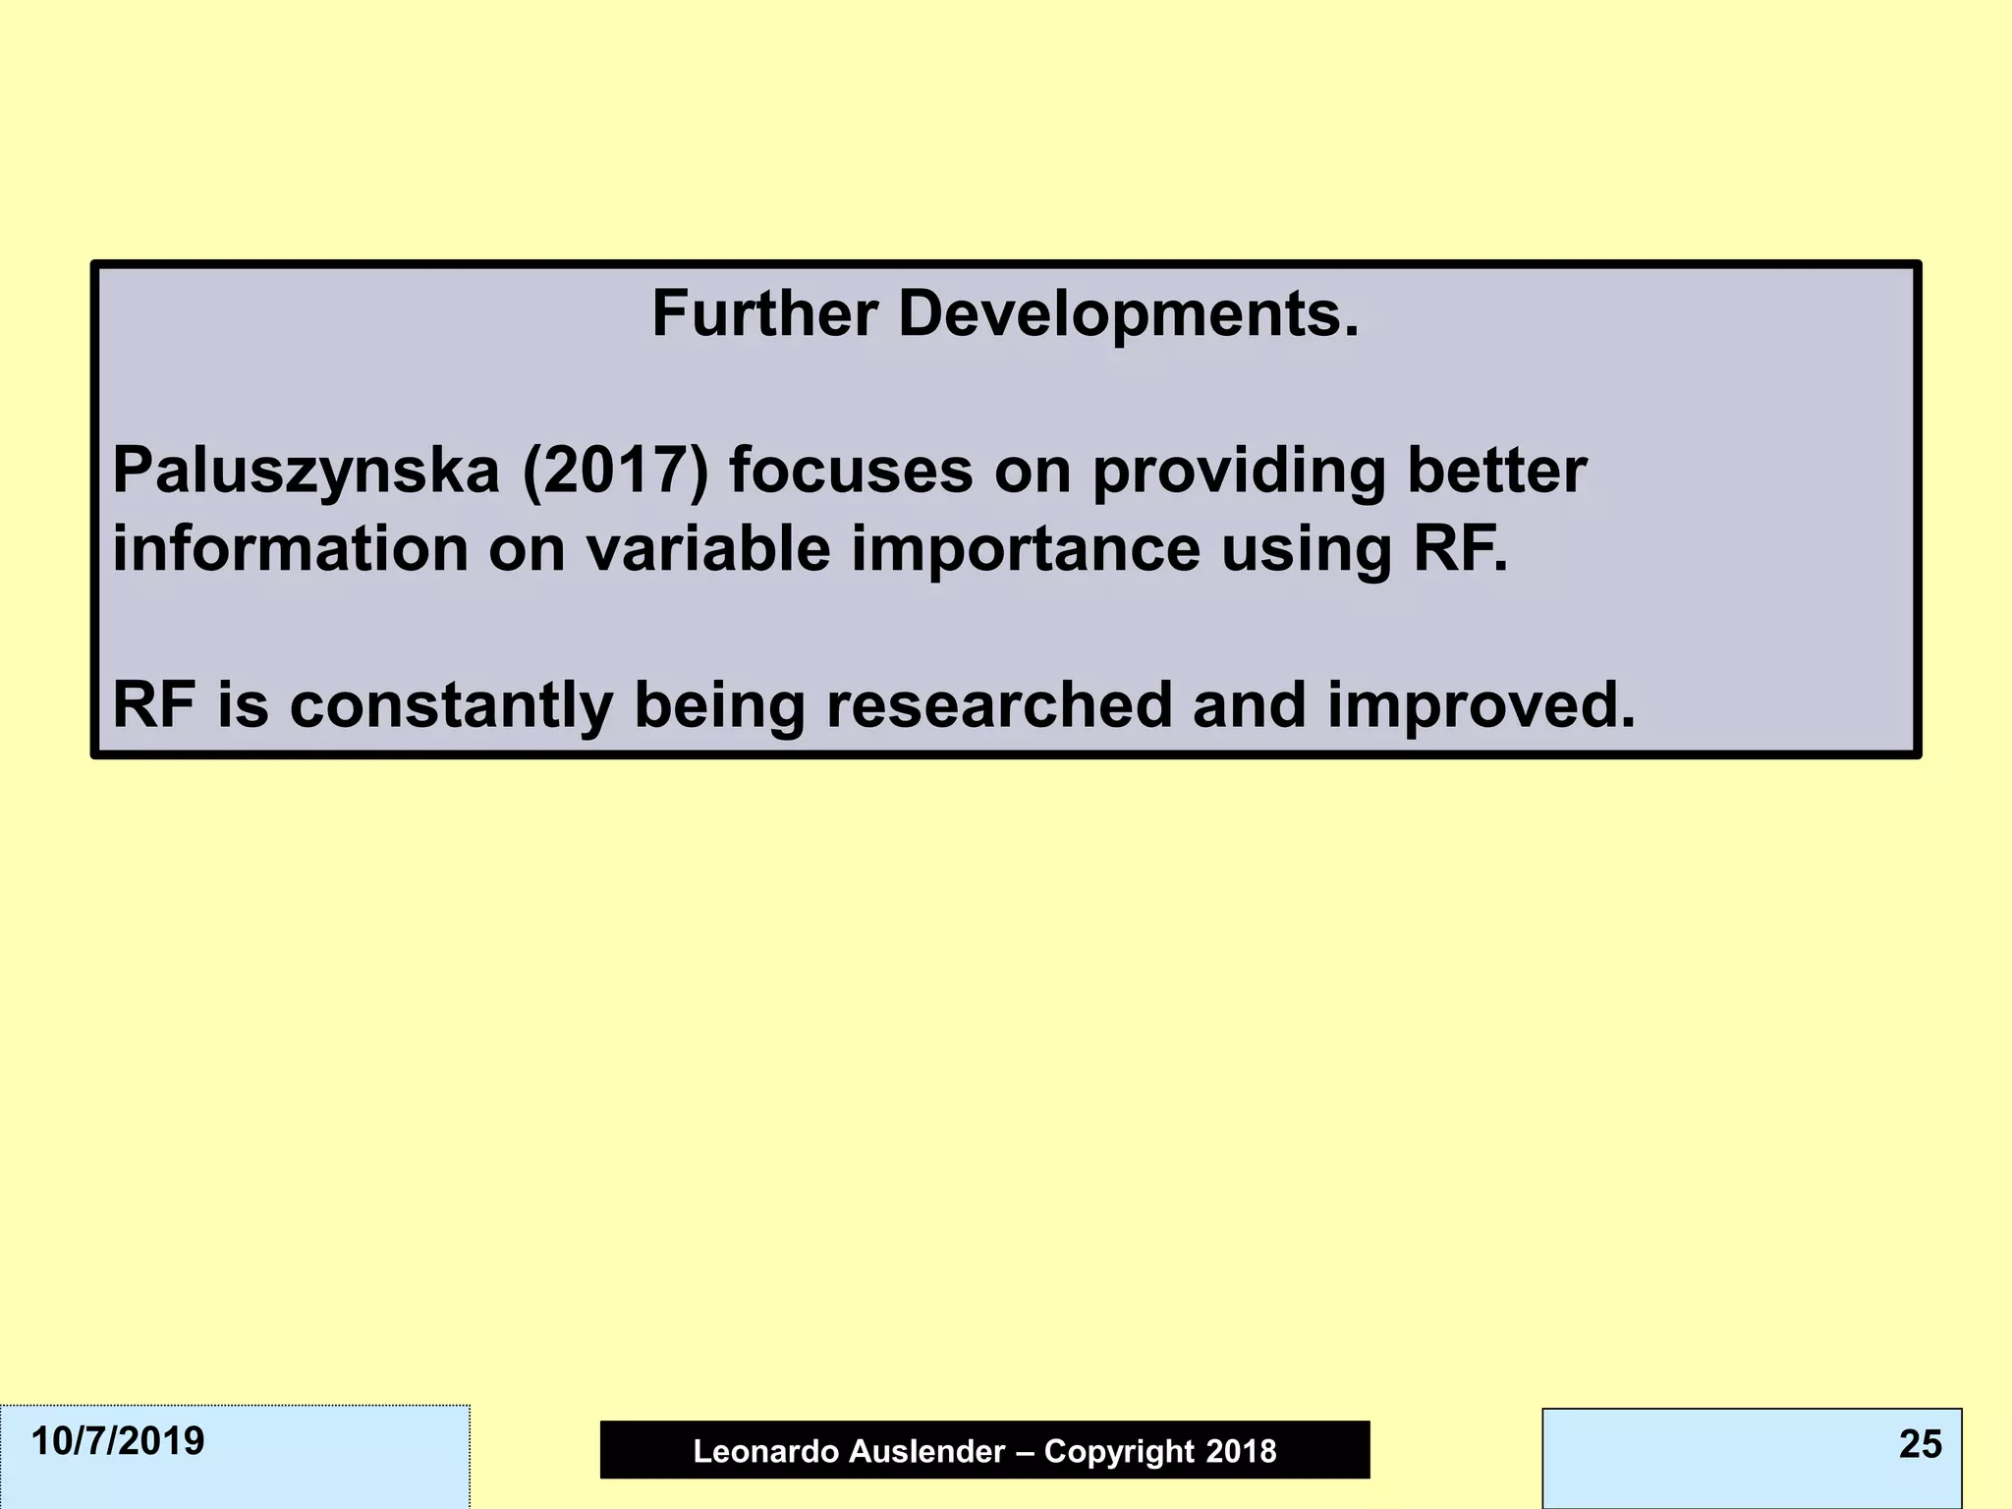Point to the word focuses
pyautogui.click(x=851, y=471)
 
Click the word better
pyautogui.click(x=1496, y=471)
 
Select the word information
pyautogui.click(x=291, y=548)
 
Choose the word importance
pyautogui.click(x=1026, y=550)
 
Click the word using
pyautogui.click(x=1306, y=550)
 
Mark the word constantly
pyautogui.click(x=451, y=706)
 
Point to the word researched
pyautogui.click(x=999, y=704)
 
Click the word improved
pyautogui.click(x=1481, y=706)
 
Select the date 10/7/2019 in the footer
pyautogui.click(x=118, y=1441)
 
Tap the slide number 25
pyautogui.click(x=1920, y=1444)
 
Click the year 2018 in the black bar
pyautogui.click(x=1242, y=1451)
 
